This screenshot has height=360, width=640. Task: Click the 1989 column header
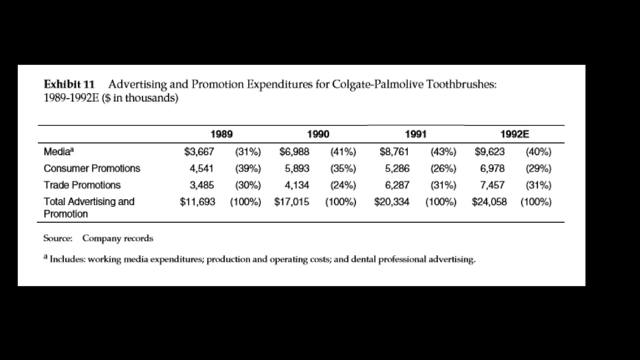coord(222,134)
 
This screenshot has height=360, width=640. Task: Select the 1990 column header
coord(318,134)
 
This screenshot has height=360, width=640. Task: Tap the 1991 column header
coord(416,134)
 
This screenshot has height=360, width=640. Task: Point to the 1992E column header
coord(515,134)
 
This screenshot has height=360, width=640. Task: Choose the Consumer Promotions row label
coord(92,168)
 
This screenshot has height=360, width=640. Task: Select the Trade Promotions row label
coord(82,185)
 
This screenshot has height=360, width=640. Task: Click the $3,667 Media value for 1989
coord(199,152)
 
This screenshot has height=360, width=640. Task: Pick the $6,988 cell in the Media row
coord(294,152)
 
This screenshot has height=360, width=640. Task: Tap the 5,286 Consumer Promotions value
coord(397,168)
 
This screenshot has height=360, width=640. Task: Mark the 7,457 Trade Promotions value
coord(492,185)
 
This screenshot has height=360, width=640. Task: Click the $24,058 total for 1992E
coord(489,202)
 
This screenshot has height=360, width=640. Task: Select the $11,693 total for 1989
coord(197,202)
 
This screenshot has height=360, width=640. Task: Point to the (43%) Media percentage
coord(443,152)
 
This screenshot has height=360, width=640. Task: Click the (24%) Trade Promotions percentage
coord(343,185)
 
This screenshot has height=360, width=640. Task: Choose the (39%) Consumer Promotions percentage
coord(248,168)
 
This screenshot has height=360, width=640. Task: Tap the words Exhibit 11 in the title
coord(69,84)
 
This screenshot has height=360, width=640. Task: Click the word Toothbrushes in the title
coord(461,84)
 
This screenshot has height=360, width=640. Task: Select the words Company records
coord(118,238)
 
